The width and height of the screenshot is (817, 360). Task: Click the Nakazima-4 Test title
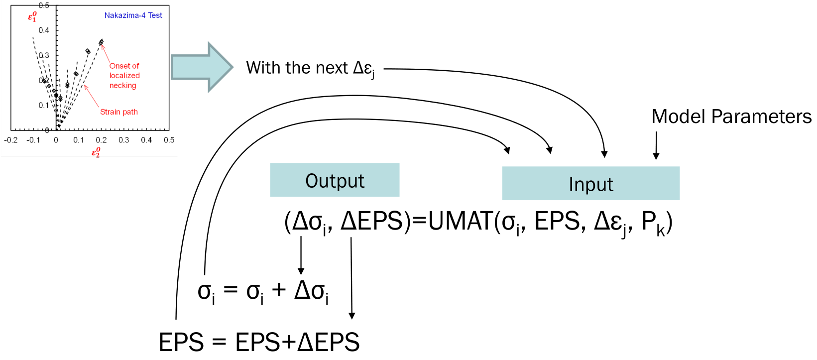click(133, 15)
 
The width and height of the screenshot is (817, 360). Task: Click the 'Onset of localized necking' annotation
click(124, 76)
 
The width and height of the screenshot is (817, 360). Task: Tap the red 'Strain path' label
click(118, 112)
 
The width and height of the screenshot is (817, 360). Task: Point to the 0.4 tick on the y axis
click(44, 30)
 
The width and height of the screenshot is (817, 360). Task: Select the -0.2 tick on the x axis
click(10, 140)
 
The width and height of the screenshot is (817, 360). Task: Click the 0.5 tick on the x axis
click(169, 140)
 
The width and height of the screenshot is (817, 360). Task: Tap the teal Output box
click(335, 180)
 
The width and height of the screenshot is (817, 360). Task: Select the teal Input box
click(590, 184)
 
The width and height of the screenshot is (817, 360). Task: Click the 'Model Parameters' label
click(731, 117)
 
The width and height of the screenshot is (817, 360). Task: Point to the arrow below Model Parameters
click(656, 145)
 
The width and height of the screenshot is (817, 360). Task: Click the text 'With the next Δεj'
click(310, 68)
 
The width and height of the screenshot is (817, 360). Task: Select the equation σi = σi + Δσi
click(263, 291)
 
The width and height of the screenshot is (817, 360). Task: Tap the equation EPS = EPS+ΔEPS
click(259, 343)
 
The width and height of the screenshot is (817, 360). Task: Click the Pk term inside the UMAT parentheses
click(653, 222)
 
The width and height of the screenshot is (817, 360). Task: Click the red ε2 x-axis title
click(96, 152)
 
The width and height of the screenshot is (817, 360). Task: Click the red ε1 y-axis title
click(32, 17)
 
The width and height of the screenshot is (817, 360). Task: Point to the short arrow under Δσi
click(301, 255)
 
